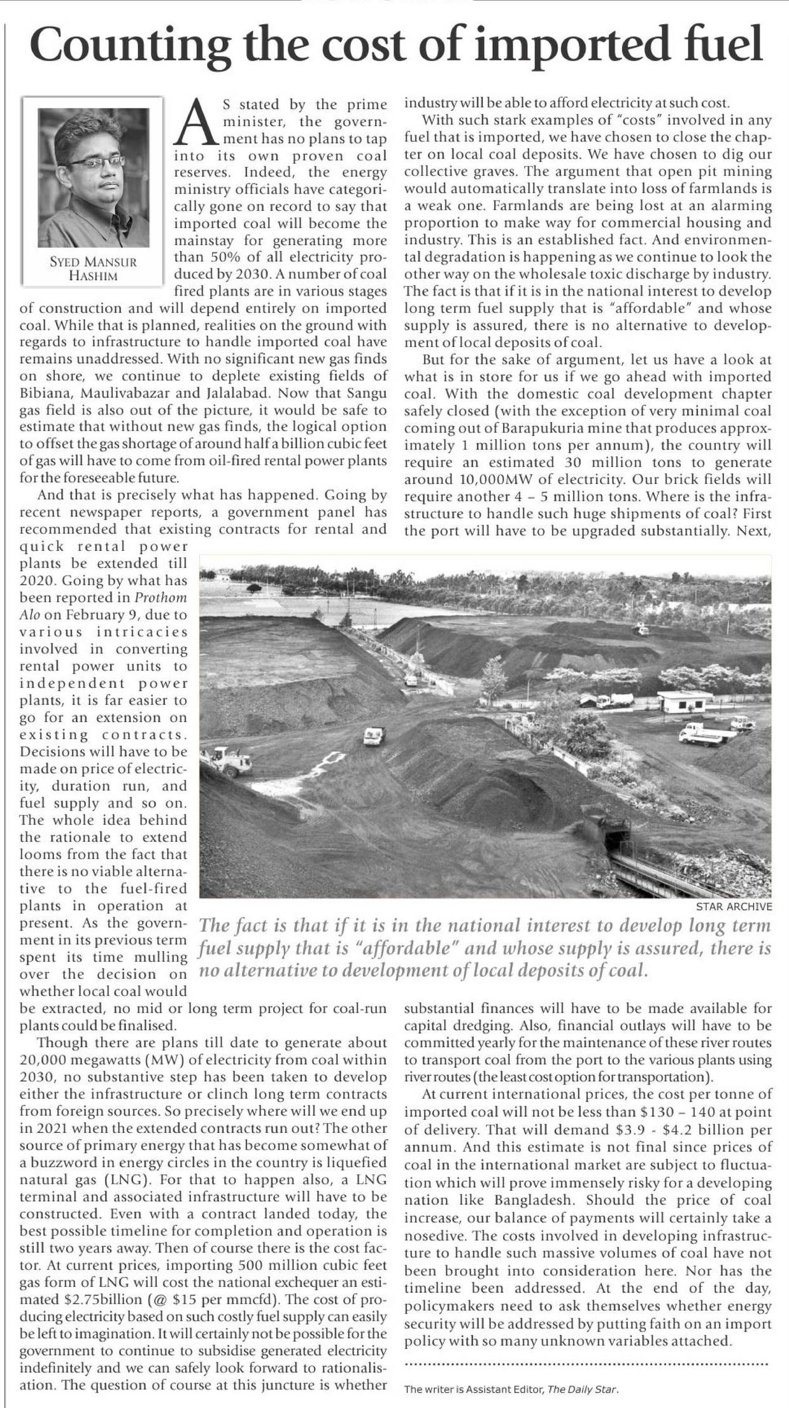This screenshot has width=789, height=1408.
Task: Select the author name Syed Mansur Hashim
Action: point(94,269)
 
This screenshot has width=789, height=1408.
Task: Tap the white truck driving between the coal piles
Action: point(374,736)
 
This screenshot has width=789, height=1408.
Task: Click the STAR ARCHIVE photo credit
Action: point(734,906)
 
